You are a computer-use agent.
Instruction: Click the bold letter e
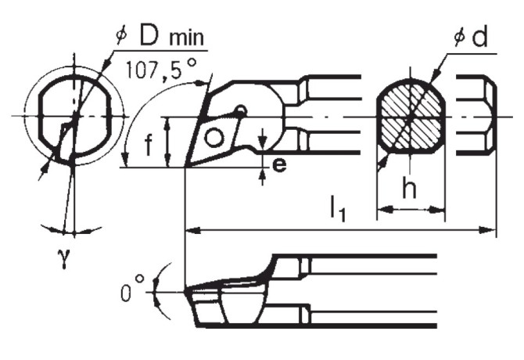279,164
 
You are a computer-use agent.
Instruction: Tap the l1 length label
337,208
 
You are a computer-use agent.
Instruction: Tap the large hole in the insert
214,139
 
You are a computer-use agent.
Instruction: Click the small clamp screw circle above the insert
242,110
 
